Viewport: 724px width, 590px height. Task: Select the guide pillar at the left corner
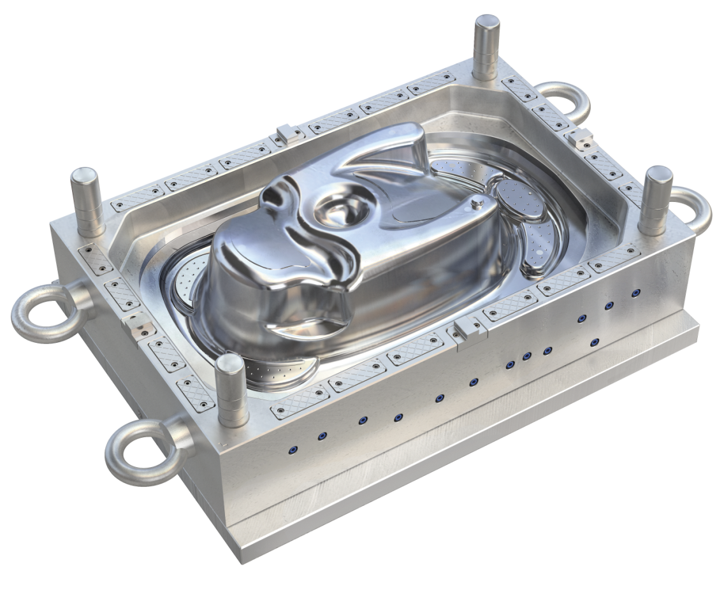pos(87,201)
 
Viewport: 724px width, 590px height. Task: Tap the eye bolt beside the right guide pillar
pos(695,207)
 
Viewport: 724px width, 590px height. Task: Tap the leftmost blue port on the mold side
pos(293,450)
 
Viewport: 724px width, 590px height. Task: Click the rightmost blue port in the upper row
pos(635,293)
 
